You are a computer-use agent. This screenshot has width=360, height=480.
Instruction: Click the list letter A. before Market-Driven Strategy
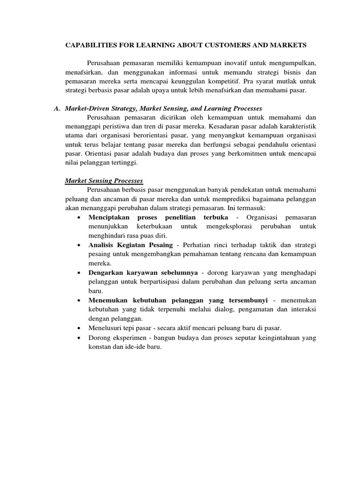point(57,108)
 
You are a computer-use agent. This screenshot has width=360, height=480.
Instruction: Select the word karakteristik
point(294,127)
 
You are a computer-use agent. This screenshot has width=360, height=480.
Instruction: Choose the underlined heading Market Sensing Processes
point(103,180)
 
